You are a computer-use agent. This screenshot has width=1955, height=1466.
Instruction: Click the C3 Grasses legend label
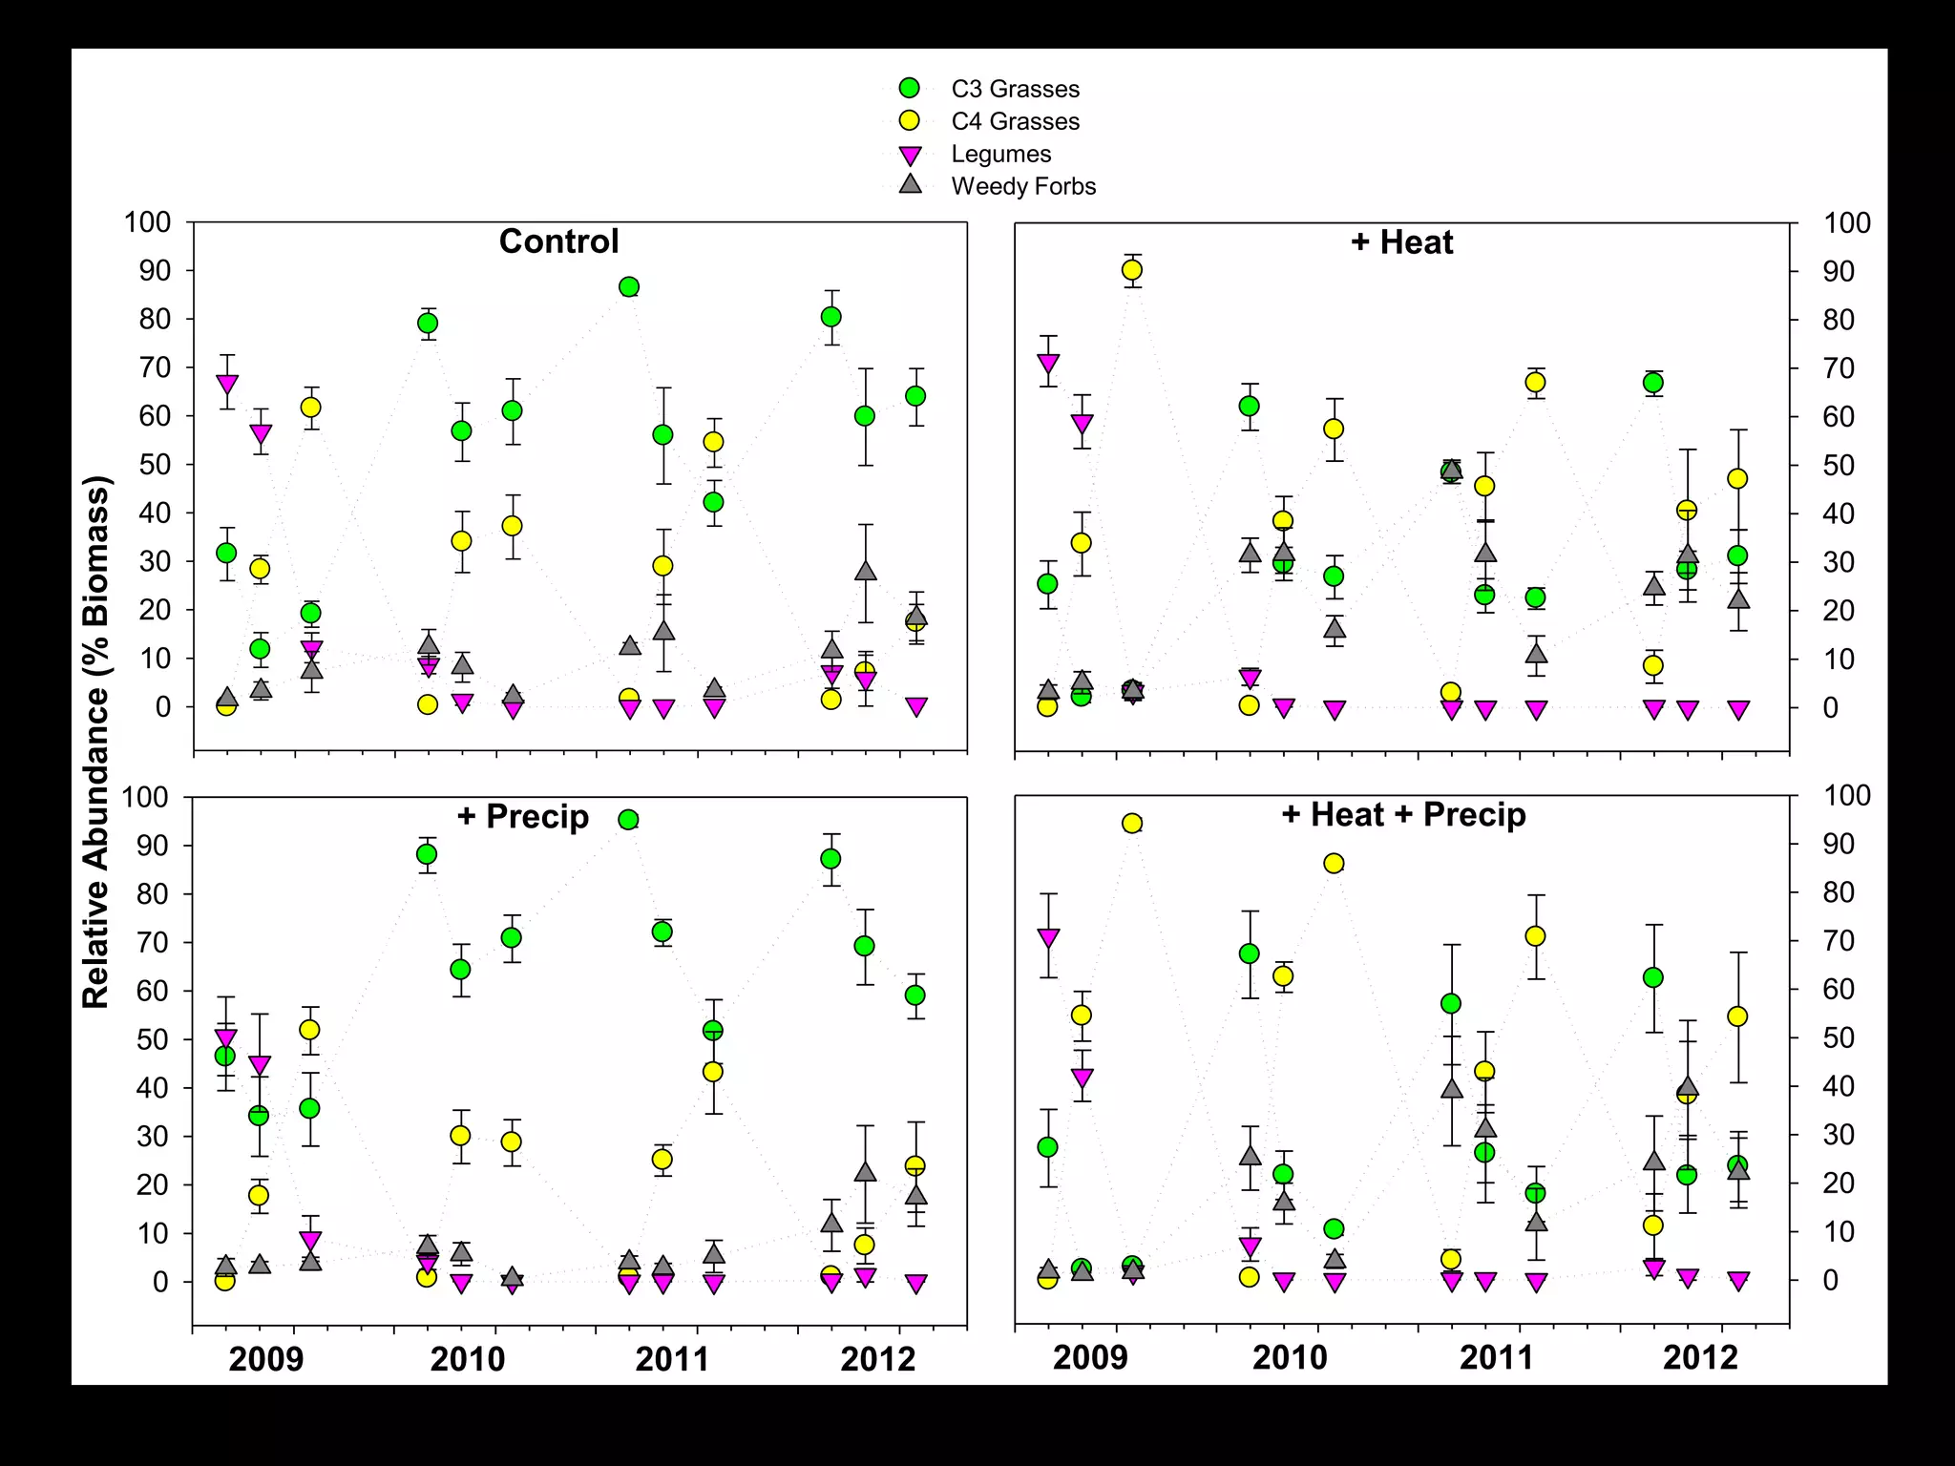[1015, 89]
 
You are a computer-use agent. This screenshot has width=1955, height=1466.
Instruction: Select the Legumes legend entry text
[1000, 154]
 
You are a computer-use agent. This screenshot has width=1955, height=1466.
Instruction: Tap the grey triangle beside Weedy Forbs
[911, 184]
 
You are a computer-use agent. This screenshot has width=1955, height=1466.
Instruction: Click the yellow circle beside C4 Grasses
[910, 120]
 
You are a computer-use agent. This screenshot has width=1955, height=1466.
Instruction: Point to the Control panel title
[558, 241]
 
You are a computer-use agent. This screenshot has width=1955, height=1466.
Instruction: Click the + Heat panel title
[1401, 242]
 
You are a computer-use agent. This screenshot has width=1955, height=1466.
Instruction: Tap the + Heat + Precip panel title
[1403, 815]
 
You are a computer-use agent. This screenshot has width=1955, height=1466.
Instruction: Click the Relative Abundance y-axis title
[96, 742]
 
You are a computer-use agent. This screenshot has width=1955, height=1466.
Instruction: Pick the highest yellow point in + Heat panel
[1132, 270]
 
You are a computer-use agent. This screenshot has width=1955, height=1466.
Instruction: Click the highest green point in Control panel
[629, 287]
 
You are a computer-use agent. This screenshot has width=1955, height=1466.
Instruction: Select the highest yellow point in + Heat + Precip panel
[1132, 824]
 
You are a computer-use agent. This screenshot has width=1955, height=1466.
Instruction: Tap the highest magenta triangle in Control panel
[227, 385]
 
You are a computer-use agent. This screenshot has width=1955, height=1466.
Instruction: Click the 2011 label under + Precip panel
[672, 1358]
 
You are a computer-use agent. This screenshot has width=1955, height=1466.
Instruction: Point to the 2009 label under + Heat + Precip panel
[1090, 1357]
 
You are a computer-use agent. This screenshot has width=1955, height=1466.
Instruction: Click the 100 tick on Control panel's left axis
[147, 222]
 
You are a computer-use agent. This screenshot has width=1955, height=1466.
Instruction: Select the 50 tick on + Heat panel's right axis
[1839, 466]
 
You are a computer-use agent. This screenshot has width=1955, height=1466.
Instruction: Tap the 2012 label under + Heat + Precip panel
[1700, 1357]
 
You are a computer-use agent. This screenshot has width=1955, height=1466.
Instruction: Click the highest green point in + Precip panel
[628, 820]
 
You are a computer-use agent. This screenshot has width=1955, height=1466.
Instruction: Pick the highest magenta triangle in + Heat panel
[1048, 364]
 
